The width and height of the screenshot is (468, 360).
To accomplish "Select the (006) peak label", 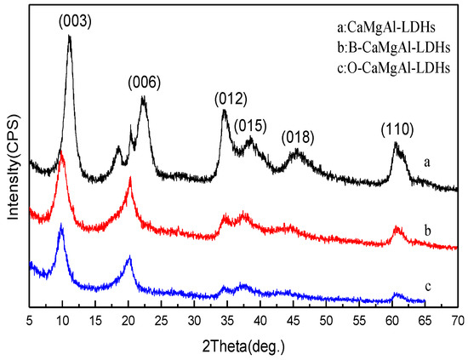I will point(144,82).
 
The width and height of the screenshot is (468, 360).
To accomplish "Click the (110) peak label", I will point(397,129).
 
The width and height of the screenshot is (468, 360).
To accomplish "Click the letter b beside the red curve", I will point(435,227).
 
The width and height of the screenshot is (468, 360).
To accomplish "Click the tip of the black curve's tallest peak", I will point(69,37).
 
